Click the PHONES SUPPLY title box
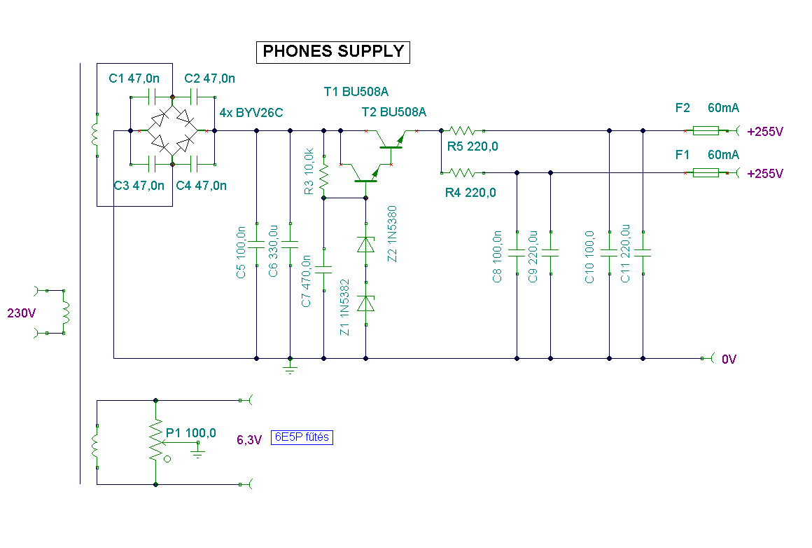coord(333,52)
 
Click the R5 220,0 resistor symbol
coord(463,130)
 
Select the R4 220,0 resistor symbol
coord(463,172)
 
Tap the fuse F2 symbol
coord(706,130)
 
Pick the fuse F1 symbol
coord(706,172)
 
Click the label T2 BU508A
coord(393,112)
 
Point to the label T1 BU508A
coord(356,92)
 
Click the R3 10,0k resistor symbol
coord(323,177)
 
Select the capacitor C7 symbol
coord(323,270)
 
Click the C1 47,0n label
coord(134,78)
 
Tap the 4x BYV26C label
coord(251,113)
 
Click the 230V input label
coord(21,313)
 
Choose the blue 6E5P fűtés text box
coord(302,437)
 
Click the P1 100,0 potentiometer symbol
coord(156,442)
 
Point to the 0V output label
coord(729,359)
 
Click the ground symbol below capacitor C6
coord(290,369)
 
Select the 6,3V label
coord(249,439)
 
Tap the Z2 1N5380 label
coord(392,234)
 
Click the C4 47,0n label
coord(202,186)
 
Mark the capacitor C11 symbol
coord(643,253)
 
